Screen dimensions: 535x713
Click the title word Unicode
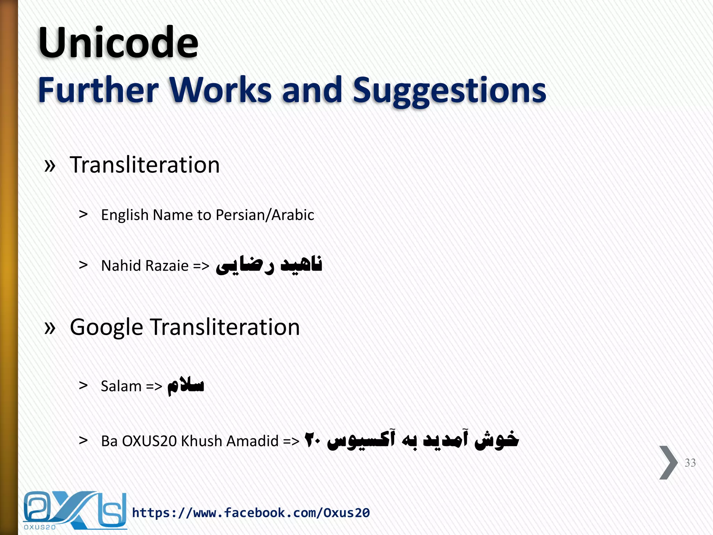[118, 44]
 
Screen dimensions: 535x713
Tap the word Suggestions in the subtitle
[449, 91]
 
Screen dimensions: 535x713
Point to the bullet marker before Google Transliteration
[50, 328]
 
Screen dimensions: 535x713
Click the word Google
[106, 328]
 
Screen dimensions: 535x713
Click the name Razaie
[167, 266]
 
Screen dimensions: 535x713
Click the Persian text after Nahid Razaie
[269, 265]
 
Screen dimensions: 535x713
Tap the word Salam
[121, 386]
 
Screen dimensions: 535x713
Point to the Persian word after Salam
[186, 386]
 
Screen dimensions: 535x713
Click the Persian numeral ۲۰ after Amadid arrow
[312, 440]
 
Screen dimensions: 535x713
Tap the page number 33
[690, 463]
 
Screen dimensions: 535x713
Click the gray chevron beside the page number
[668, 463]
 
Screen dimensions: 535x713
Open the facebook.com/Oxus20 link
[251, 513]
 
